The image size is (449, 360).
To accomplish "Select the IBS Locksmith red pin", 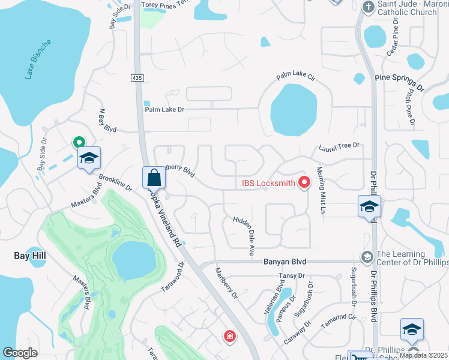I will pos(304,182).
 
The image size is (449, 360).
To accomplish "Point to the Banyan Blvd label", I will pos(285,262).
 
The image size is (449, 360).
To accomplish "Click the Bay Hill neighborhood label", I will pos(31,256).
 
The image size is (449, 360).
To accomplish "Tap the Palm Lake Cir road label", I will pos(296,76).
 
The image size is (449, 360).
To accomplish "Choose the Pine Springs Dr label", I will pos(399,82).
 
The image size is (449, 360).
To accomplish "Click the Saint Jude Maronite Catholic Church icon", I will pos(369,8).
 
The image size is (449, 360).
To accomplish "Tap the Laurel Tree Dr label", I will pos(339,145).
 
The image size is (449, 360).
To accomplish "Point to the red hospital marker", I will pos(229,337).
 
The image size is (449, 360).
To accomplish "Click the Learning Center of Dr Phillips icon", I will pos(366,257).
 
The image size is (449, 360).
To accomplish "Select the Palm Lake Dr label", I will pos(164,109).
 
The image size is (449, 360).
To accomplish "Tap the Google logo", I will pos(20,353).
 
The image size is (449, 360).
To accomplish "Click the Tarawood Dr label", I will pos(172,277).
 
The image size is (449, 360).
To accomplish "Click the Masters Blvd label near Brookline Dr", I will pos(86,196).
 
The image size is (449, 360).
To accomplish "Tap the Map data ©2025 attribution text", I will pos(423,355).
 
